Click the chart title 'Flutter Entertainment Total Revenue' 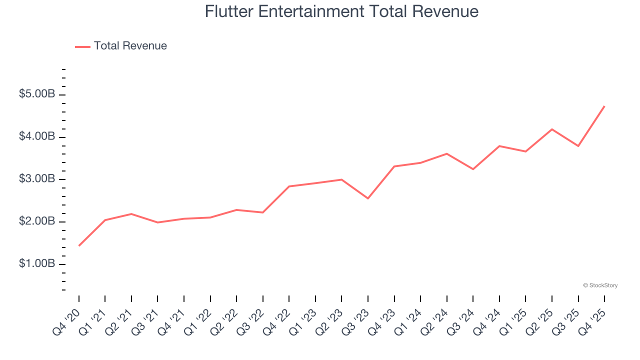[x=341, y=11]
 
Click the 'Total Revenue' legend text [x=130, y=46]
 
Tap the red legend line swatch [x=82, y=46]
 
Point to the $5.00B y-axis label [x=37, y=94]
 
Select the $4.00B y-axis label [x=37, y=136]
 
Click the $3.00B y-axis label [x=37, y=179]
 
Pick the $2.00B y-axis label [x=37, y=221]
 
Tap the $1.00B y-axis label [x=37, y=263]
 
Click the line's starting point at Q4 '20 [x=79, y=245]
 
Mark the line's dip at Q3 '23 [x=368, y=198]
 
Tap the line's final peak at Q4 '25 [x=604, y=106]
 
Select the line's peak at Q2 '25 [x=552, y=129]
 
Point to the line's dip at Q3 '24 [x=473, y=169]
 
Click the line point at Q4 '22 [x=289, y=186]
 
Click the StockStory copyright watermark [x=600, y=285]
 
